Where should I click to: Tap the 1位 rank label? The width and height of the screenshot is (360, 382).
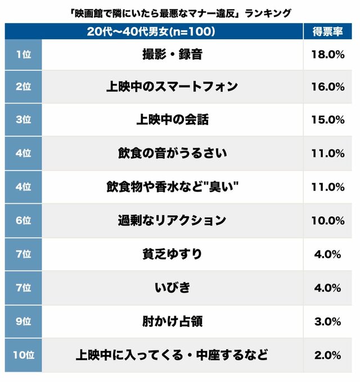[x=23, y=55]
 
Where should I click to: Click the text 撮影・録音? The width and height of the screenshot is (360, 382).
[x=172, y=55]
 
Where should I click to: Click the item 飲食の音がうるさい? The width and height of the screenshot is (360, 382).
[x=172, y=153]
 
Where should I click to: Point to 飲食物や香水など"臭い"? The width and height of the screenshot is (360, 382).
[x=172, y=187]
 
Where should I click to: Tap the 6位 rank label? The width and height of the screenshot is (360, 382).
[x=23, y=221]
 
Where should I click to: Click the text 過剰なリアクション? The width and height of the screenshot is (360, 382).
[x=172, y=221]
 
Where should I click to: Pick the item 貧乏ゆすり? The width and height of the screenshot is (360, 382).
[x=172, y=254]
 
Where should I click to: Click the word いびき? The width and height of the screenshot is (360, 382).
[x=172, y=287]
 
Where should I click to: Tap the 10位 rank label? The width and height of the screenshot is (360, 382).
[x=23, y=355]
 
